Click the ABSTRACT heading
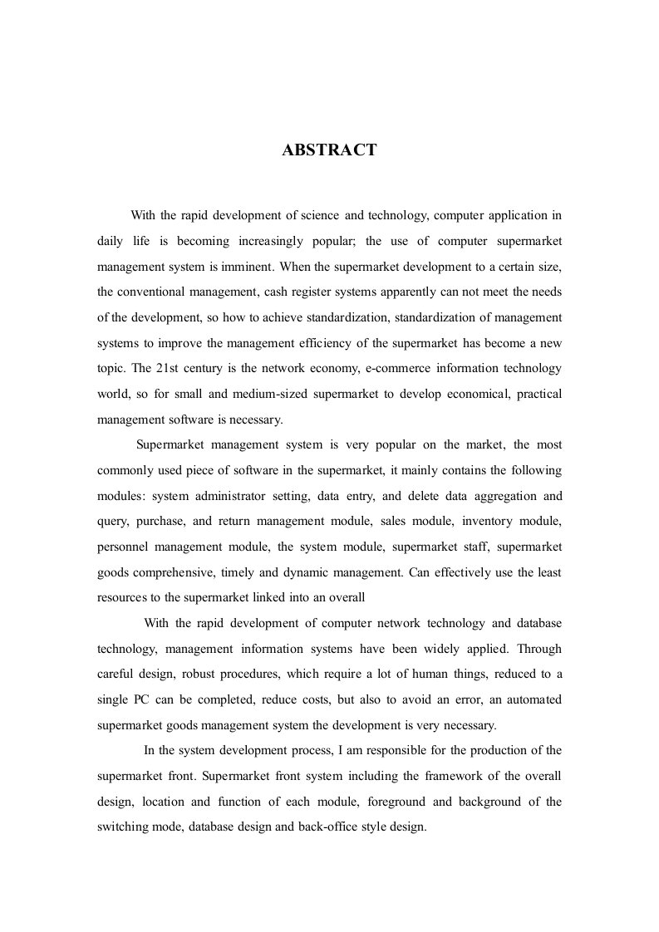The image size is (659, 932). (329, 150)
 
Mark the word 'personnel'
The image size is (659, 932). (123, 547)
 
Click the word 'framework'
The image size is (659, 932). (442, 776)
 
